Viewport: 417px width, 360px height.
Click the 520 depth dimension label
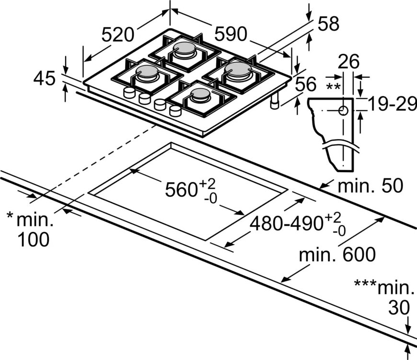(x=117, y=35)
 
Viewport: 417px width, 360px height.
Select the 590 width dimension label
(x=230, y=34)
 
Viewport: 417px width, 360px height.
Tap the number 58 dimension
(x=328, y=23)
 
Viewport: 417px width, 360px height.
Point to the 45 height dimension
(x=45, y=78)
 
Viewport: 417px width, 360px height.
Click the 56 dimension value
(x=305, y=85)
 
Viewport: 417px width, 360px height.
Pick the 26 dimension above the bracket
(x=348, y=61)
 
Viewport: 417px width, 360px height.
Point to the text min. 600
(x=337, y=255)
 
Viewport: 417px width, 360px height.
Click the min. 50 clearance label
(x=370, y=186)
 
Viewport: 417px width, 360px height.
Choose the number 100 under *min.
(x=33, y=239)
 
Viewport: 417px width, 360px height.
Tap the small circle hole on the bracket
(x=343, y=111)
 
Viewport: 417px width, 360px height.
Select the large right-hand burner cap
(x=238, y=69)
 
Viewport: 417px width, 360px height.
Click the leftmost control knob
(x=129, y=93)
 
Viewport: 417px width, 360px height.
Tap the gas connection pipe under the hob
(x=275, y=102)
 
